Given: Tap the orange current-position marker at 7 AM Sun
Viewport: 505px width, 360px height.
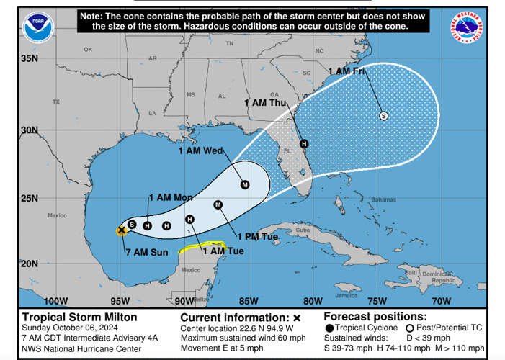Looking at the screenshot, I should pos(122,230).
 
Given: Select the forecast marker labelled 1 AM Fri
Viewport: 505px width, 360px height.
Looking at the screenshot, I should pos(383,115).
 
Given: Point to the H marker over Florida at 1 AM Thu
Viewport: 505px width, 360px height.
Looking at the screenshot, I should pos(304,143).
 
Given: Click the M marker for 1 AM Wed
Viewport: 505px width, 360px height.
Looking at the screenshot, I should pos(245,185).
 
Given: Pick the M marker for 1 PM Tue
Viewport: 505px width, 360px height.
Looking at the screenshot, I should pos(218,205).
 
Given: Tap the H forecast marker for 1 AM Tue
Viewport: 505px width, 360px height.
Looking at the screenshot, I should pos(189,220).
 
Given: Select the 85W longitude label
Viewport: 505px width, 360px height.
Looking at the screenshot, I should pos(249,301).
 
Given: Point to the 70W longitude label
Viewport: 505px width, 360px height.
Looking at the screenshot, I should pos(441,301).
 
